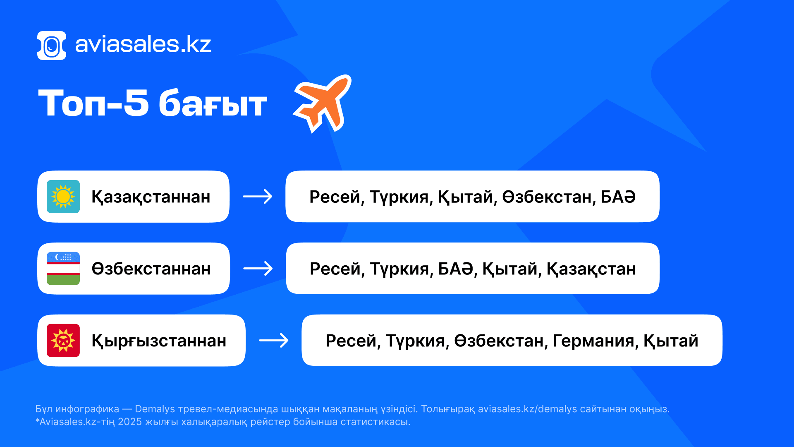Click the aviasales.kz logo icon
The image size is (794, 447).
pyautogui.click(x=52, y=46)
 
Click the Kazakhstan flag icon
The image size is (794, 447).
pyautogui.click(x=63, y=197)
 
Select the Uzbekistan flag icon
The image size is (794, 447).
pyautogui.click(x=63, y=269)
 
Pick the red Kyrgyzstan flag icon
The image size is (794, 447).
pyautogui.click(x=63, y=341)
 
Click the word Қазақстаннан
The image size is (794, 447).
pyautogui.click(x=151, y=197)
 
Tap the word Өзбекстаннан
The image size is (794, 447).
pyautogui.click(x=151, y=269)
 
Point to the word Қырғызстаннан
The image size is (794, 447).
pyautogui.click(x=159, y=341)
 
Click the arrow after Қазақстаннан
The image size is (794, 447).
pyautogui.click(x=258, y=197)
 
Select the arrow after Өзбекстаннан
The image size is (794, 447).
pyautogui.click(x=258, y=269)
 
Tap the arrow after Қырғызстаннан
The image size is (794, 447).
pyautogui.click(x=274, y=341)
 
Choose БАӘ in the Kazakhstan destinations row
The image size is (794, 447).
pyautogui.click(x=618, y=197)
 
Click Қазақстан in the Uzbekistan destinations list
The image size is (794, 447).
pyautogui.click(x=591, y=269)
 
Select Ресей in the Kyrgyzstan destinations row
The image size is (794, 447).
pyautogui.click(x=351, y=341)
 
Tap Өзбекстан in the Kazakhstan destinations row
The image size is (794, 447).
pyautogui.click(x=549, y=197)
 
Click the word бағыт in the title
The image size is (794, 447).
pyautogui.click(x=213, y=103)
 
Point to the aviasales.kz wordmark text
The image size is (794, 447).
pyautogui.click(x=143, y=45)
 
